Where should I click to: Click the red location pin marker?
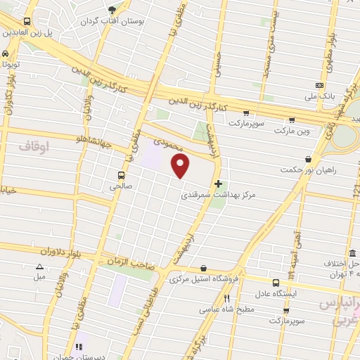[181, 165]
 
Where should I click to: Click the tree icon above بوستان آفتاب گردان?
[112, 10]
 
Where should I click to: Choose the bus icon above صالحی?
[122, 174]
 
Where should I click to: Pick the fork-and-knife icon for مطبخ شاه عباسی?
[227, 298]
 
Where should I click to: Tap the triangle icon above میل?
[39, 266]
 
